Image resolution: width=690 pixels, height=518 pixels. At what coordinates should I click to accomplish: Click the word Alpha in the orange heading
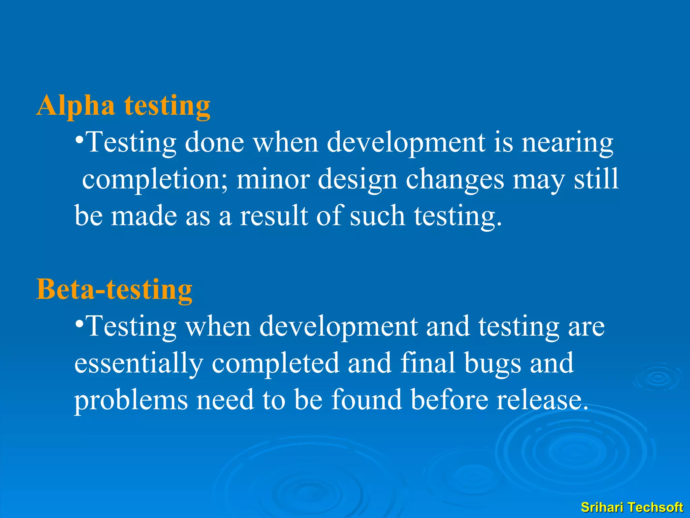pos(76,106)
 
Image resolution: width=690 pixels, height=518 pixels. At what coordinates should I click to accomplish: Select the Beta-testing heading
pos(114,289)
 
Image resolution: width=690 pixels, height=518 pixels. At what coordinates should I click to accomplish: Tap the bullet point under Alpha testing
pos(79,139)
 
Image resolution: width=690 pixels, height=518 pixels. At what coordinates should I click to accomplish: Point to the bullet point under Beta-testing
pos(79,323)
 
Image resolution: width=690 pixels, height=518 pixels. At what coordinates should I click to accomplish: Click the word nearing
pos(567,143)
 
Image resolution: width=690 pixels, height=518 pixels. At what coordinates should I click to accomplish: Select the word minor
pos(273,179)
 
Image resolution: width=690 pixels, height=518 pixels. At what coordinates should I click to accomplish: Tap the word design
pos(357,180)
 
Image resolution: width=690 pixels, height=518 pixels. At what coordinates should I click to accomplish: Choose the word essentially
pos(138,364)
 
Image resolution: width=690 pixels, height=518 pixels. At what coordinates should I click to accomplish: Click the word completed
pos(275,364)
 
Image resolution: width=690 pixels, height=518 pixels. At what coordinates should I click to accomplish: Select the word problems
pos(131,400)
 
